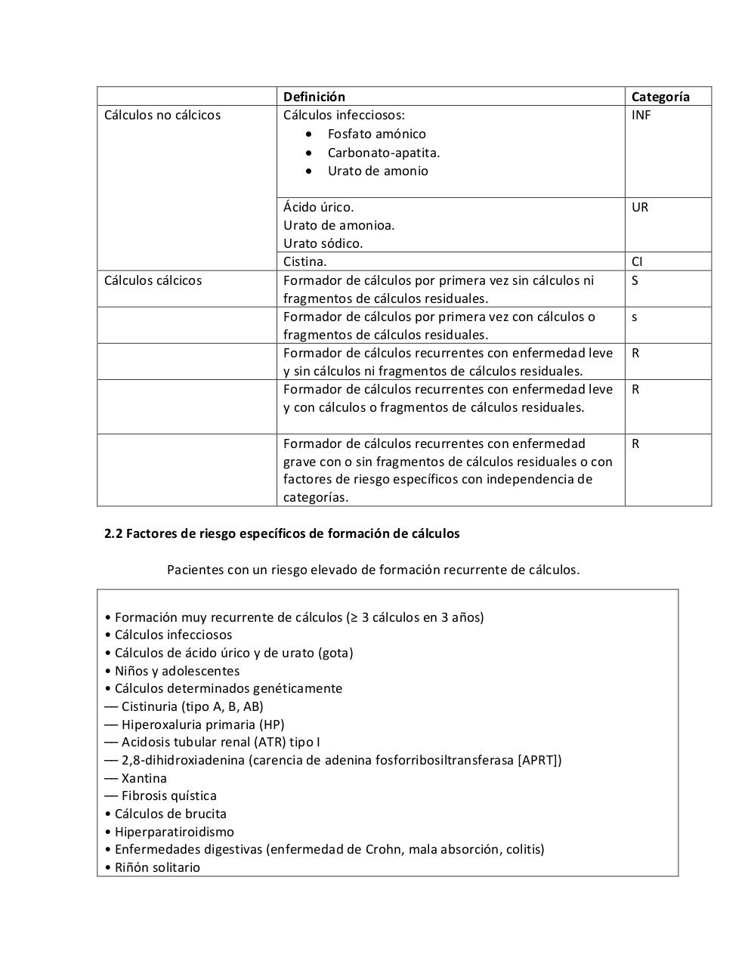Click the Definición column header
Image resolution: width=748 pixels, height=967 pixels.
click(x=314, y=97)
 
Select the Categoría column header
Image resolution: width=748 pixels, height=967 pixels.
click(x=660, y=97)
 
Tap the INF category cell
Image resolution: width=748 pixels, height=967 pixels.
click(x=641, y=116)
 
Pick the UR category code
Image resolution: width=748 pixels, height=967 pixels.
click(x=639, y=207)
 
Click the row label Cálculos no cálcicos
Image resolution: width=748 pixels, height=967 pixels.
click(x=162, y=116)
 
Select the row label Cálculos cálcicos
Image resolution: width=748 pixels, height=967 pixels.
click(x=153, y=280)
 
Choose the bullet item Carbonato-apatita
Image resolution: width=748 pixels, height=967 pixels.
click(x=383, y=153)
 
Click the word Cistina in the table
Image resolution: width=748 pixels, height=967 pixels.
click(x=304, y=262)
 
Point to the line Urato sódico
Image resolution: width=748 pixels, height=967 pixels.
click(x=323, y=243)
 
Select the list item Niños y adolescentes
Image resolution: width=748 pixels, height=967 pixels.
click(x=177, y=671)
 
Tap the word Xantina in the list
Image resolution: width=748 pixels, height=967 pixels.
click(x=144, y=778)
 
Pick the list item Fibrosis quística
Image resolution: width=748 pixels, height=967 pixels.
click(x=168, y=796)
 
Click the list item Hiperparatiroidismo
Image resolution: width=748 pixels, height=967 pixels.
click(x=174, y=832)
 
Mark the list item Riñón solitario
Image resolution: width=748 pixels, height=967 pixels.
click(x=157, y=867)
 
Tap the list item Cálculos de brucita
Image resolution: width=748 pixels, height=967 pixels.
click(x=170, y=814)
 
